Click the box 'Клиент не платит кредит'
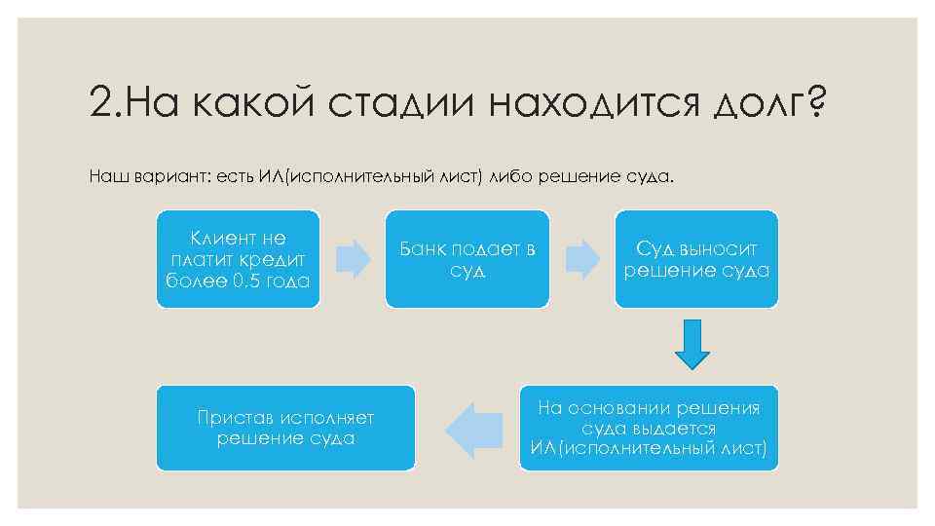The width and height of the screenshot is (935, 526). pos(238,259)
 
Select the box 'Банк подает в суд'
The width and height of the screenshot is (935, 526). pos(467,259)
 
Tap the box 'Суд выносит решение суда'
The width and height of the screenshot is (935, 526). pos(696,259)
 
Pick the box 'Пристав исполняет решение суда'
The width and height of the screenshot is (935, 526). pos(285,429)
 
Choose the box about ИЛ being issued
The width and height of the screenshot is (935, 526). pos(649,429)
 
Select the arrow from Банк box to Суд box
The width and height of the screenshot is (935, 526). pos(582,258)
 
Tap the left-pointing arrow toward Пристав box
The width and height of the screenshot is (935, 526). pos(467,429)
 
